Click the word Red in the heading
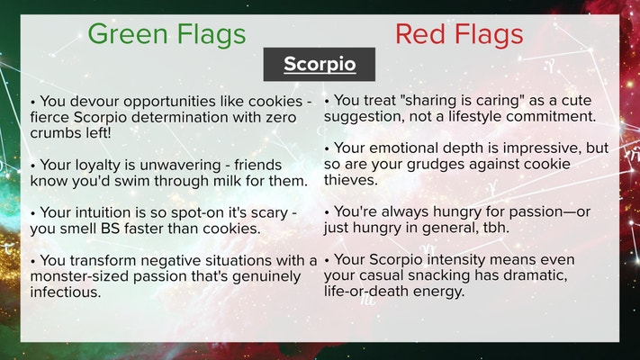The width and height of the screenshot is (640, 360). click(x=420, y=34)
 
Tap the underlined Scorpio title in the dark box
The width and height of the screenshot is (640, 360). click(x=320, y=64)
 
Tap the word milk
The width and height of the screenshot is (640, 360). click(x=228, y=181)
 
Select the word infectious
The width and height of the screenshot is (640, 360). click(x=66, y=292)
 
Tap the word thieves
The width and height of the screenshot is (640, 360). click(x=351, y=180)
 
